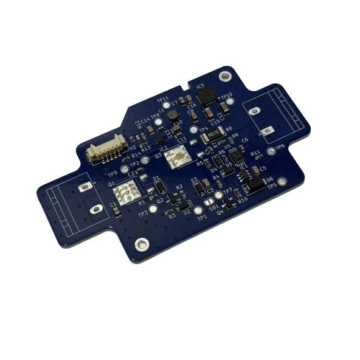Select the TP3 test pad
point(151,209)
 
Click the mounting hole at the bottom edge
point(142,244)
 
